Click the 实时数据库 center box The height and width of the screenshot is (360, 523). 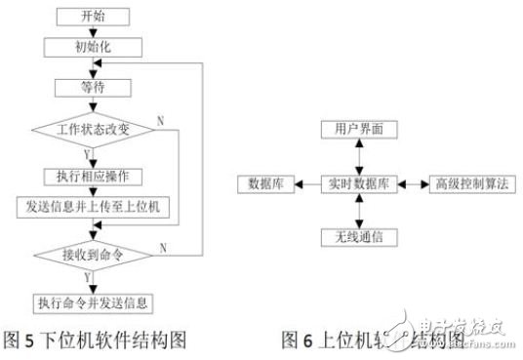[361, 183]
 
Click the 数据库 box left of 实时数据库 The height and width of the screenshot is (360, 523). [265, 183]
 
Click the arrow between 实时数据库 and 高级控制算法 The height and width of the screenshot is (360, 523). [411, 183]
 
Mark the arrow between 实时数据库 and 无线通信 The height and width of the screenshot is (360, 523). [361, 210]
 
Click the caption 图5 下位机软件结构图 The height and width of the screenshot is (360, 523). [96, 340]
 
